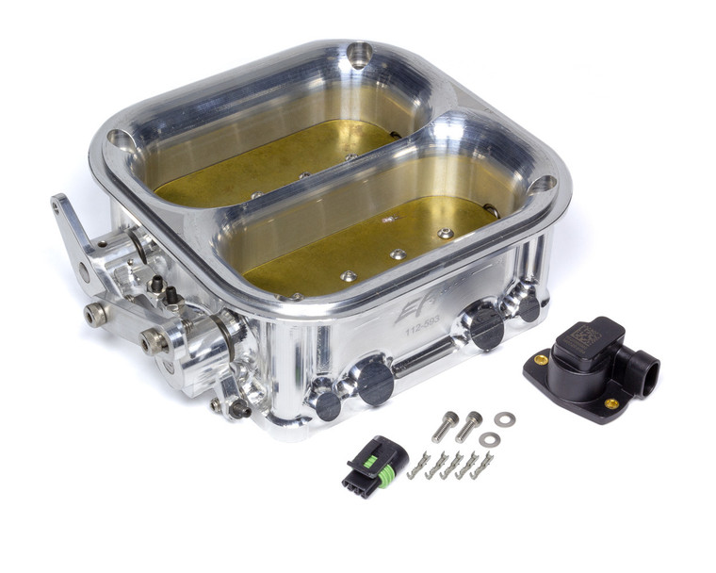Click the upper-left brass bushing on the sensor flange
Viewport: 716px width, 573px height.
(541, 359)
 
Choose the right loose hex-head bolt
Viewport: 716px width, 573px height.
(468, 426)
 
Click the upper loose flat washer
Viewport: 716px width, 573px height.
(504, 418)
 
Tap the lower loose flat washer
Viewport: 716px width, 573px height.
(489, 439)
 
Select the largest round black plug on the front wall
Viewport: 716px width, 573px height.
(374, 381)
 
